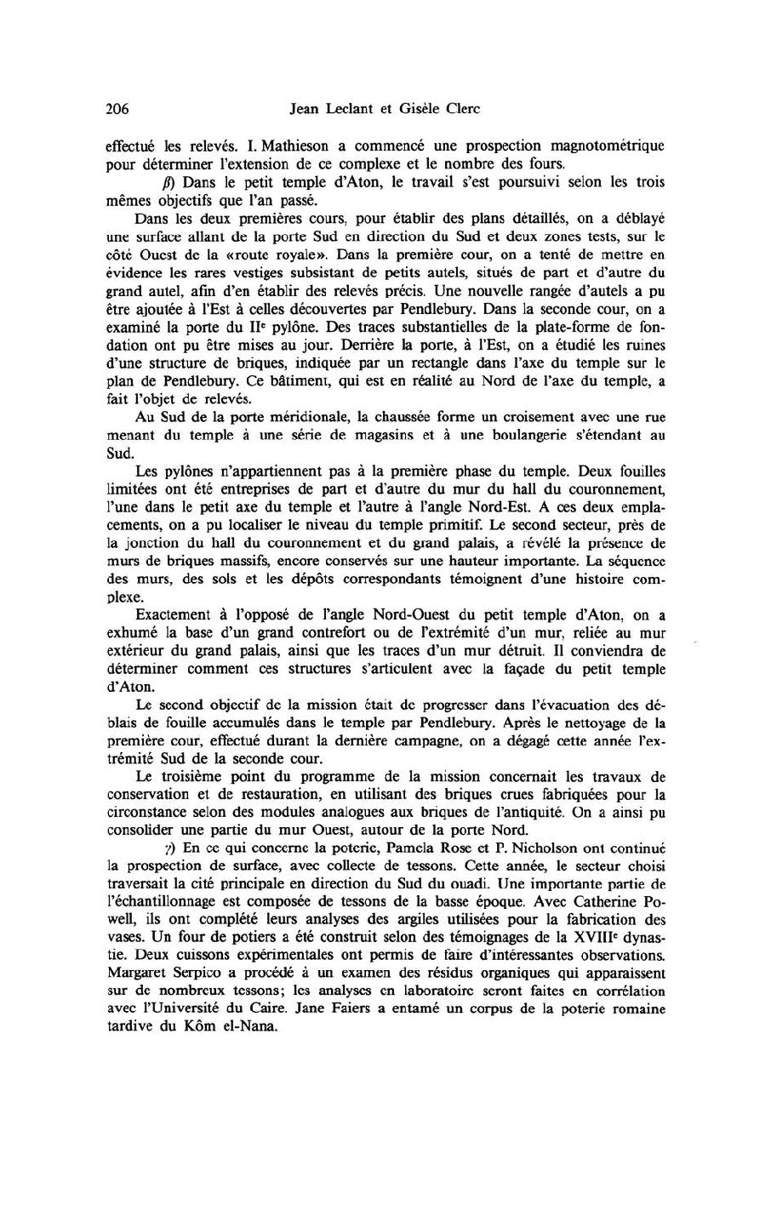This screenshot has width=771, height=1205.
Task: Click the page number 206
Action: coord(116,109)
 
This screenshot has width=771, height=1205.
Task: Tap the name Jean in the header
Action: coord(306,109)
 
